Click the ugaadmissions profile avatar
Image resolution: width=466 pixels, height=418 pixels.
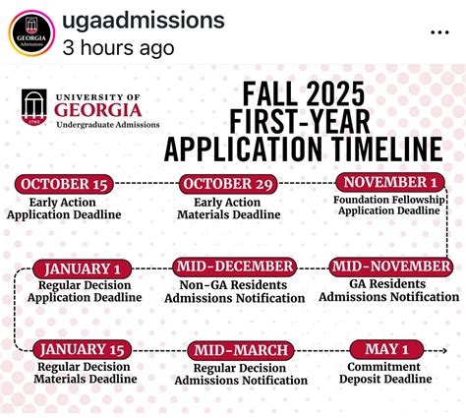(29, 32)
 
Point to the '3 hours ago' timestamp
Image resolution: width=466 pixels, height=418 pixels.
(117, 46)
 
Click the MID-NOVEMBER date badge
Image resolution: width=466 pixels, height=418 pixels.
(390, 267)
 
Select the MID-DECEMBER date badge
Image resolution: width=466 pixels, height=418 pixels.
(235, 267)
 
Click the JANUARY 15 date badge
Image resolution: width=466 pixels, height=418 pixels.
(83, 349)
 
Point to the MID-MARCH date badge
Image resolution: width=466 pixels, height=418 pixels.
(241, 350)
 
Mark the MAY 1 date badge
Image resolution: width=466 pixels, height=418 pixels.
(386, 349)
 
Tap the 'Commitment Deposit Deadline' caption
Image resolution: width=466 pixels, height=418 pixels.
(387, 373)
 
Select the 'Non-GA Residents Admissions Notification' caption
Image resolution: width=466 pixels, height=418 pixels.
(234, 290)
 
